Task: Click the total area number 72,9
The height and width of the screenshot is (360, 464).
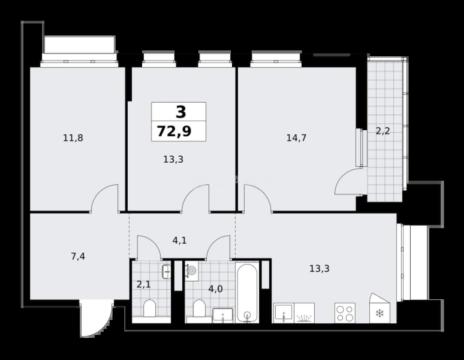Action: (x=174, y=131)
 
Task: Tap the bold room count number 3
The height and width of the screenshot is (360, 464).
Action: (x=181, y=112)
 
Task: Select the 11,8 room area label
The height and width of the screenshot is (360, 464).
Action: (x=73, y=138)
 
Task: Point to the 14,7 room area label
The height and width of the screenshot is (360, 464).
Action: (x=296, y=138)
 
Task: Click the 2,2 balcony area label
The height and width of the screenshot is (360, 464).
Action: (x=383, y=131)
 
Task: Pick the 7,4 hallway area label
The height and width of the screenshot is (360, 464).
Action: (x=78, y=256)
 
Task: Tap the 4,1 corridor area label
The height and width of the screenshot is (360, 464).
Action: (x=179, y=241)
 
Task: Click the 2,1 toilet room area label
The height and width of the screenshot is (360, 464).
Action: (x=144, y=284)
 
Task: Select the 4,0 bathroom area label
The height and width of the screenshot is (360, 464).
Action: (x=215, y=289)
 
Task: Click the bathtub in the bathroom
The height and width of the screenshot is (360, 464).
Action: (x=247, y=293)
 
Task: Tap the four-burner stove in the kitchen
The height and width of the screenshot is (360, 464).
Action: (x=345, y=313)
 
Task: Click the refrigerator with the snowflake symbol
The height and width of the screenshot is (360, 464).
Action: (x=380, y=310)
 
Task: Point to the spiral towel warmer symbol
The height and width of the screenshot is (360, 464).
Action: (x=192, y=271)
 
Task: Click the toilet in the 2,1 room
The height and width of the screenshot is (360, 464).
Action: (x=149, y=308)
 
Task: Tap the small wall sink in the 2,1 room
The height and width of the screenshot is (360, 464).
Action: (x=167, y=272)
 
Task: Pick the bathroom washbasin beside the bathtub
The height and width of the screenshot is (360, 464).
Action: (x=222, y=315)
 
